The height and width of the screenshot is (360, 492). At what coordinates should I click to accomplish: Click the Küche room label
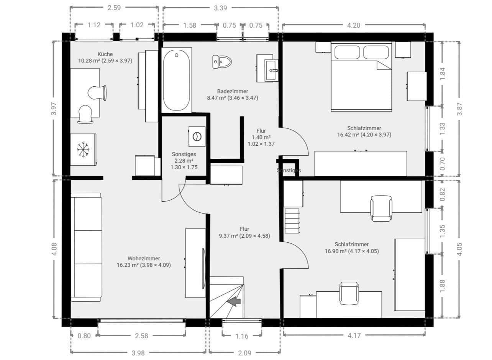[x=105, y=54]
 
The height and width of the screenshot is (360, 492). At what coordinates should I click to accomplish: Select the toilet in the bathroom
[x=223, y=61]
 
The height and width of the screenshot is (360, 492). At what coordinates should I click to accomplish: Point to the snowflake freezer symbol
[x=83, y=149]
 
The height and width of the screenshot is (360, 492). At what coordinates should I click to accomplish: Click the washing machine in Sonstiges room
[x=197, y=136]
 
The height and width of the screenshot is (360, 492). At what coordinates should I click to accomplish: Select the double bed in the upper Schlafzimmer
[x=361, y=77]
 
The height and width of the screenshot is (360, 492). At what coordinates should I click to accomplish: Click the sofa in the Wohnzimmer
[x=87, y=247]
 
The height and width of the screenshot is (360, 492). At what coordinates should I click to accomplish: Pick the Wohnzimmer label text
[x=144, y=258]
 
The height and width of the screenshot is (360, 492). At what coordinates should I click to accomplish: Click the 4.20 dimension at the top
[x=353, y=25]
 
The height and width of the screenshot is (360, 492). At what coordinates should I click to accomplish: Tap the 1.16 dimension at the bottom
[x=242, y=336]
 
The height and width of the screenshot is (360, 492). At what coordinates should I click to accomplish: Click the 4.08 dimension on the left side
[x=54, y=249]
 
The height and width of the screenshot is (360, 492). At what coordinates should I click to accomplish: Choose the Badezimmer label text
[x=233, y=91]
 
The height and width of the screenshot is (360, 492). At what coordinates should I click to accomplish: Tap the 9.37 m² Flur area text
[x=244, y=236]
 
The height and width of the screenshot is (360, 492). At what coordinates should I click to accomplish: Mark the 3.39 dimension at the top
[x=220, y=8]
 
